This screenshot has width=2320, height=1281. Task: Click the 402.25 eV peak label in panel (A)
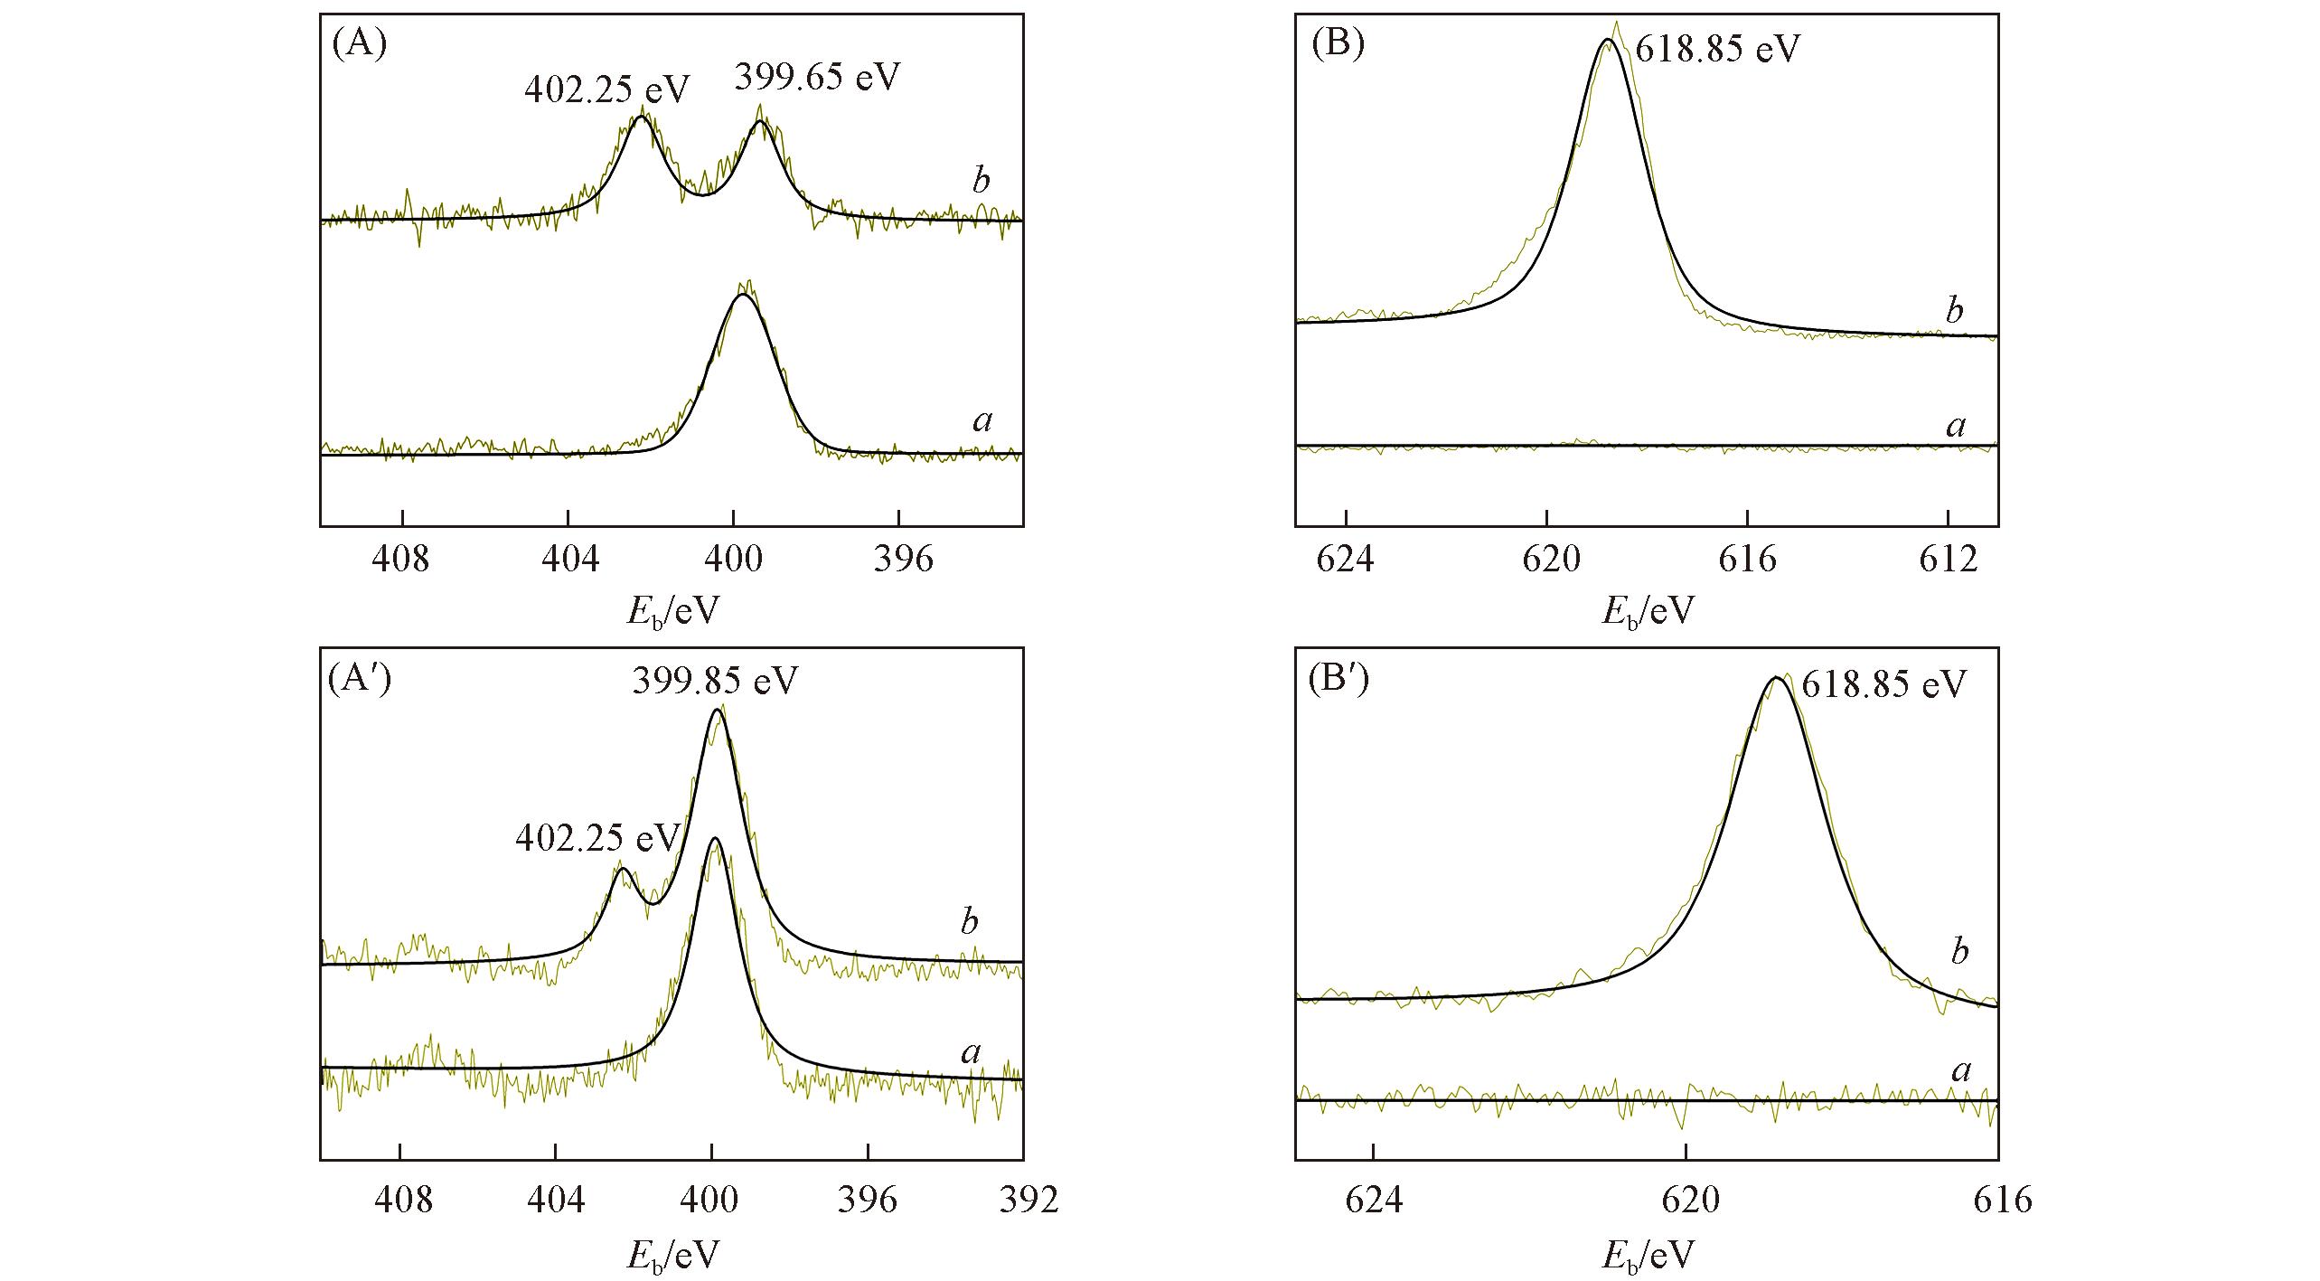[x=606, y=89]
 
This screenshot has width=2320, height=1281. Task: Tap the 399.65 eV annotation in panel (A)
[x=817, y=78]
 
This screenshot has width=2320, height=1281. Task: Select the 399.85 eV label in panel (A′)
[x=715, y=681]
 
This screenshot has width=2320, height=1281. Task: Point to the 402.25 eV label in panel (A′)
[x=597, y=838]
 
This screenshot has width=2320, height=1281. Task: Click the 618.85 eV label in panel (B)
[x=1716, y=49]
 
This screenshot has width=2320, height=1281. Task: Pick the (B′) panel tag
[x=1338, y=680]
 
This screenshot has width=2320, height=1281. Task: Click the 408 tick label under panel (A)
[x=401, y=560]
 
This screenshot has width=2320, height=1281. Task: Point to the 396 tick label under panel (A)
[x=899, y=560]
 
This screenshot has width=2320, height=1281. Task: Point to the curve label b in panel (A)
[x=982, y=181]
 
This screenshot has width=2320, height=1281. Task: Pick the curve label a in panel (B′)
[x=1961, y=1071]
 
